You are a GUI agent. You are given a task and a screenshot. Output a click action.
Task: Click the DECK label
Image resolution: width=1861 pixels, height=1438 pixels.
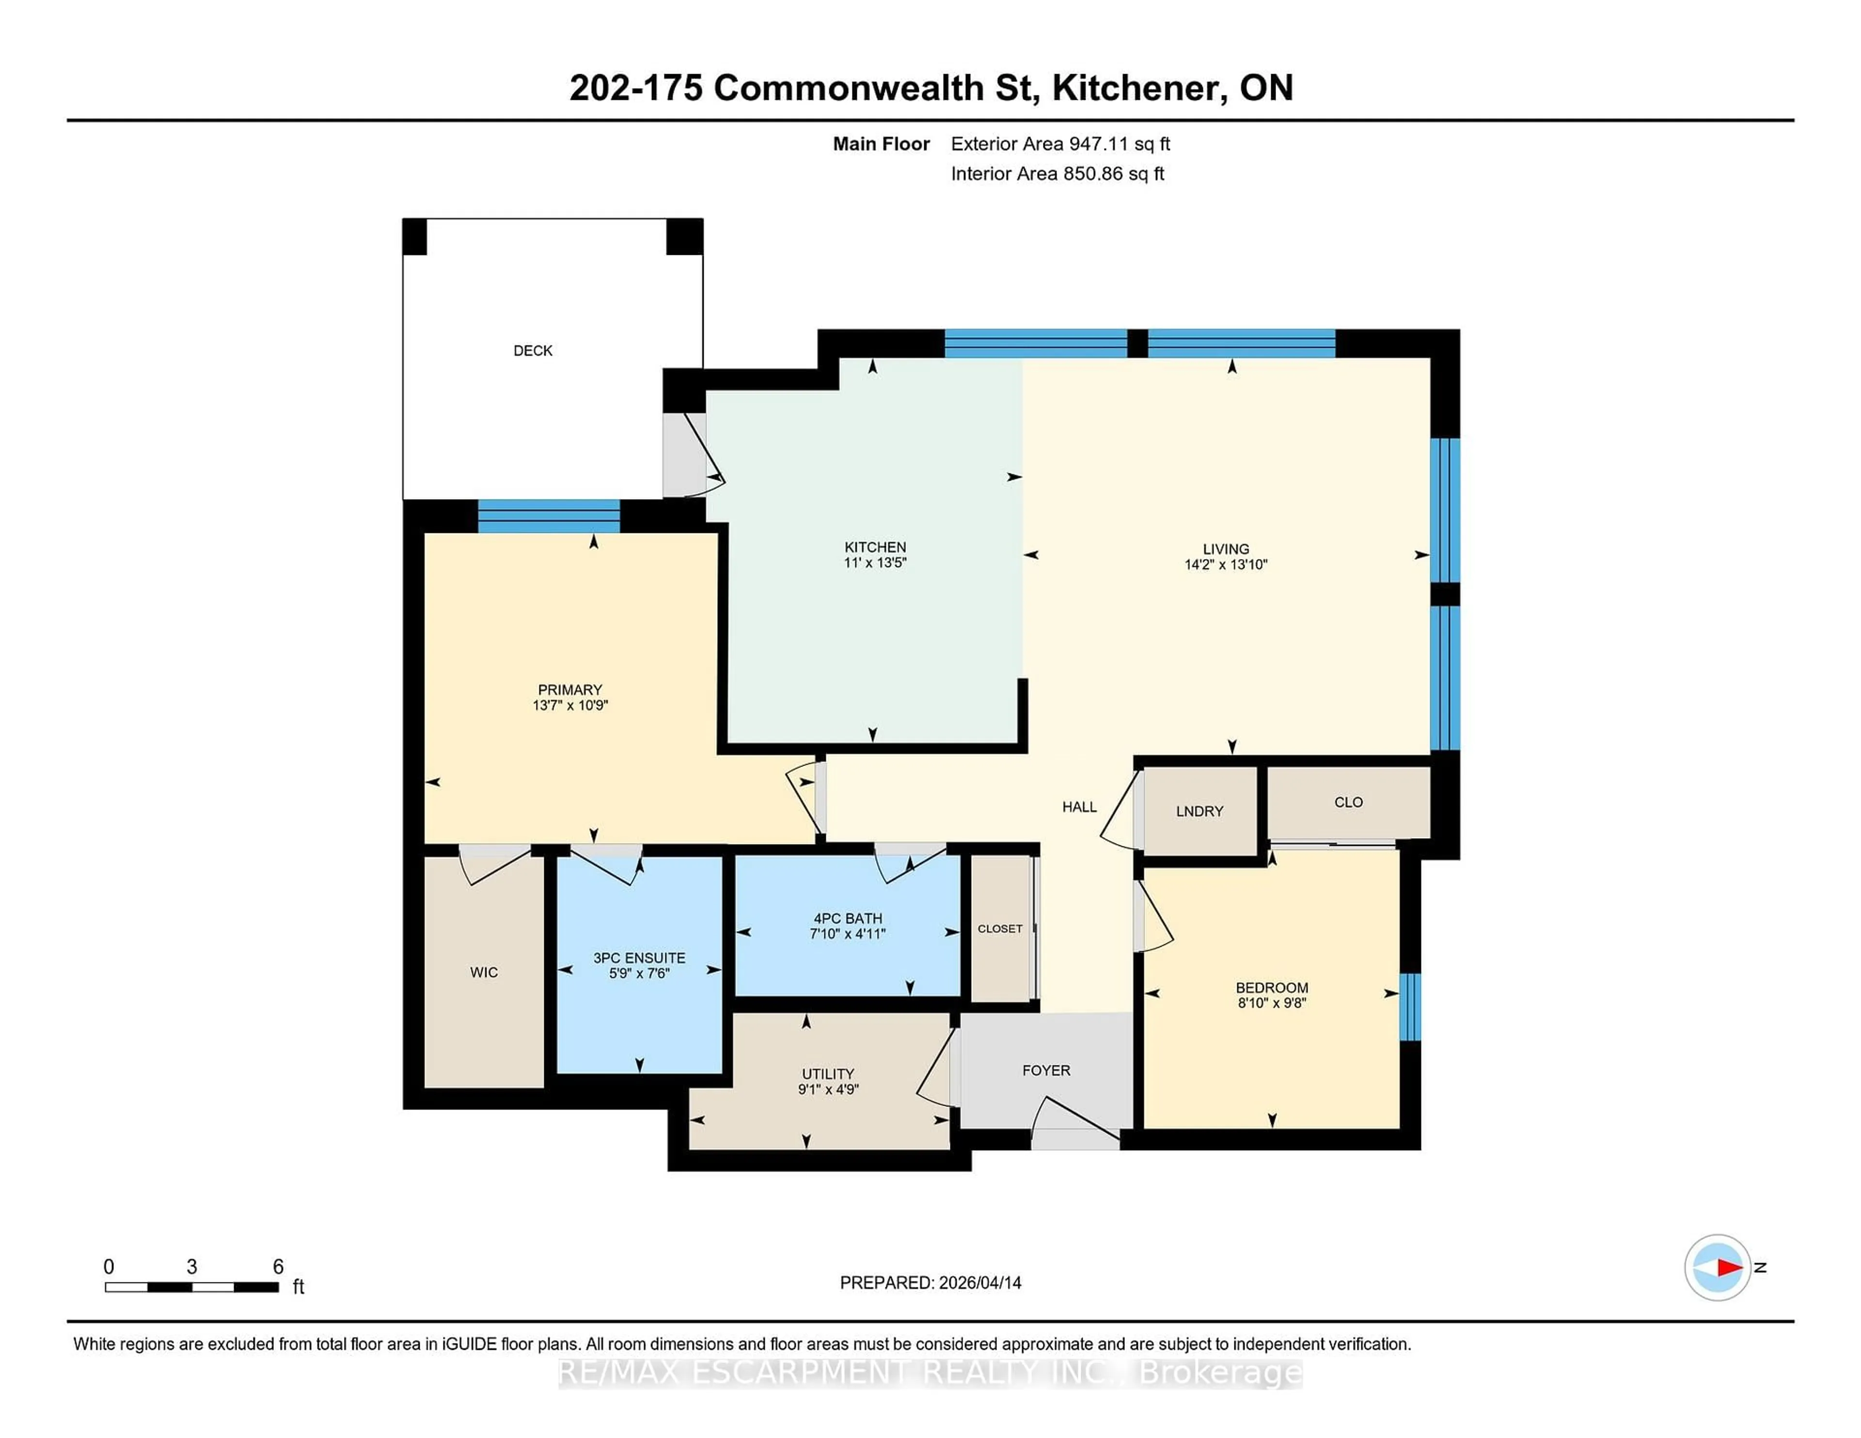click(533, 350)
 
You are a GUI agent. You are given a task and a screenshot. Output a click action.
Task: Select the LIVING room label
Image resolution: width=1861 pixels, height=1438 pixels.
click(1225, 548)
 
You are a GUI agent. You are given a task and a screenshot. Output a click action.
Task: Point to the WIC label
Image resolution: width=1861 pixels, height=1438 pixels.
click(483, 972)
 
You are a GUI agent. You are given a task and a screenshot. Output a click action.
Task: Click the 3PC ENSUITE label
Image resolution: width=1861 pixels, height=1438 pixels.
click(639, 957)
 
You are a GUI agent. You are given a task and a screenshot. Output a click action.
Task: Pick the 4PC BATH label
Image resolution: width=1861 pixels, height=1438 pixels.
click(847, 918)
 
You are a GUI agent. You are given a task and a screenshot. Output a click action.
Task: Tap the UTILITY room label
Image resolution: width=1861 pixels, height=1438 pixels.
click(827, 1073)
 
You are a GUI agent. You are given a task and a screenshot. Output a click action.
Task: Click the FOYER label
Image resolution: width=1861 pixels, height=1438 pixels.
click(1045, 1070)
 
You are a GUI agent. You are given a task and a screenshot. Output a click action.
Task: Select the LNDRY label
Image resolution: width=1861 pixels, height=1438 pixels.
click(1199, 811)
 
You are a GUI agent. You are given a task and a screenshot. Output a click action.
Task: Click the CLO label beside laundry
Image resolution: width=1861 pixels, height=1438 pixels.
click(1348, 802)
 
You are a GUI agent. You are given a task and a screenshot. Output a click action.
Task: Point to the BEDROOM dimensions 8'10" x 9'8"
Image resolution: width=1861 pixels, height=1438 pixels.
click(1271, 1003)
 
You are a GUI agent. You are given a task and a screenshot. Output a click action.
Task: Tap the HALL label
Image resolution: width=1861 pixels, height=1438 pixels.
click(1079, 807)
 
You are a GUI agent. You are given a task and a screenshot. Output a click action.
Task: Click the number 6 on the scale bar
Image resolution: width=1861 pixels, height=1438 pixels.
click(278, 1267)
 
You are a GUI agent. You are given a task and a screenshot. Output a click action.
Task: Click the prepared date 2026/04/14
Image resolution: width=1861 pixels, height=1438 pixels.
click(979, 1282)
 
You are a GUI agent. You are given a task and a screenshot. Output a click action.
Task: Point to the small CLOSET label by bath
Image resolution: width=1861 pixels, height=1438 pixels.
click(999, 929)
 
